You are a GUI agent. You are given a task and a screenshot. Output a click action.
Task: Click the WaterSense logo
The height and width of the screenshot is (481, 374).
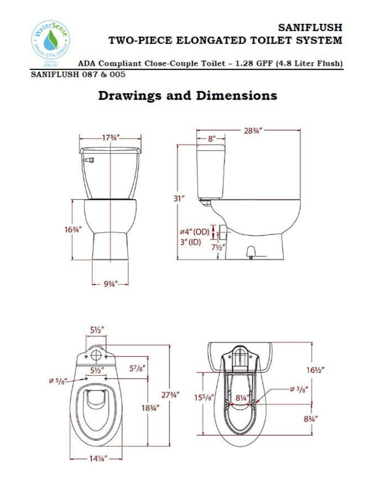point(50,42)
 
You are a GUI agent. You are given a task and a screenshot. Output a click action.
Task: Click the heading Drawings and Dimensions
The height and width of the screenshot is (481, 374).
point(187,96)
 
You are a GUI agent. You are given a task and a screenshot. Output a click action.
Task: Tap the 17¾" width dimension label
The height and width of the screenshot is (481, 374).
point(111,138)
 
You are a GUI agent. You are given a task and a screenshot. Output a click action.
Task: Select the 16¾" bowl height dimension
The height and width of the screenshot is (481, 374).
point(73,230)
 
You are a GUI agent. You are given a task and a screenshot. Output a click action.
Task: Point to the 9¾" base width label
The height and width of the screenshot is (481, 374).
point(110,284)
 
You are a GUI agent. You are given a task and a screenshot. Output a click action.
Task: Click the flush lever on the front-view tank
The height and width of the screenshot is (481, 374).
point(89,160)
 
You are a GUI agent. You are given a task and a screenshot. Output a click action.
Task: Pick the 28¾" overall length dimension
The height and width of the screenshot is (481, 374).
point(253,131)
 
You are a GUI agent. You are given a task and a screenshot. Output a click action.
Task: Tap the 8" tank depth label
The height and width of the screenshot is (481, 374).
point(211,138)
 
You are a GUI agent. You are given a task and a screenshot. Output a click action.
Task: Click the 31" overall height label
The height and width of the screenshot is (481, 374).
point(179,198)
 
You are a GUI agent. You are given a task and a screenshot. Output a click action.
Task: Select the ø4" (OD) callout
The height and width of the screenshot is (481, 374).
point(194,232)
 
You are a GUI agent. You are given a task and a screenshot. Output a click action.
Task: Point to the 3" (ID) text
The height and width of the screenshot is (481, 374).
point(190,242)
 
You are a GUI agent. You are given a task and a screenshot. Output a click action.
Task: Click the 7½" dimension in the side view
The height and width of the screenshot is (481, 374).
point(218,248)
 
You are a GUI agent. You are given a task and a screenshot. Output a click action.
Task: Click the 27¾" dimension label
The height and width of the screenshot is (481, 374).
point(171,395)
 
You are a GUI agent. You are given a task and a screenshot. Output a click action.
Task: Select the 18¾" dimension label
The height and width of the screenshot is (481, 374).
point(150,408)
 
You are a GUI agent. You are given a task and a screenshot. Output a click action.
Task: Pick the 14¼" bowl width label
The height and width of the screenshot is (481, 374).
point(96,459)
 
